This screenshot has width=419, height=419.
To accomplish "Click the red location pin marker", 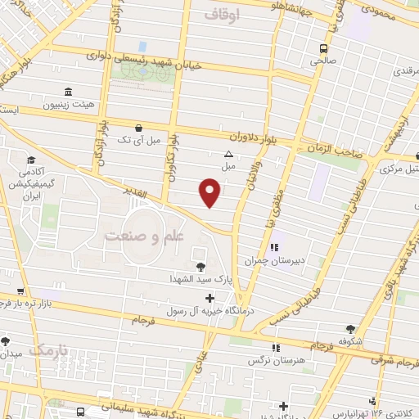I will coord(210,193).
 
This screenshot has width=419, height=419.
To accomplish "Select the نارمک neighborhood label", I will coord(47,349).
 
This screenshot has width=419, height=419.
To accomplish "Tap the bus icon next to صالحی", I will coord(324,48).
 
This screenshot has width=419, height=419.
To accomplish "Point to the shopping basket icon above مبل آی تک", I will coord(138,128).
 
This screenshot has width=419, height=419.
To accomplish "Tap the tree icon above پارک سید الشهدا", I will coord(201,265).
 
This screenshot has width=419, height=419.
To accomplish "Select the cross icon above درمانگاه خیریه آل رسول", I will coord(210,297).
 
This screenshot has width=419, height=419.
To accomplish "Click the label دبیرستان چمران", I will coord(274,261).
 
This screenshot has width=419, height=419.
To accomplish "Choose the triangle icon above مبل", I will coord(228,154).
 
